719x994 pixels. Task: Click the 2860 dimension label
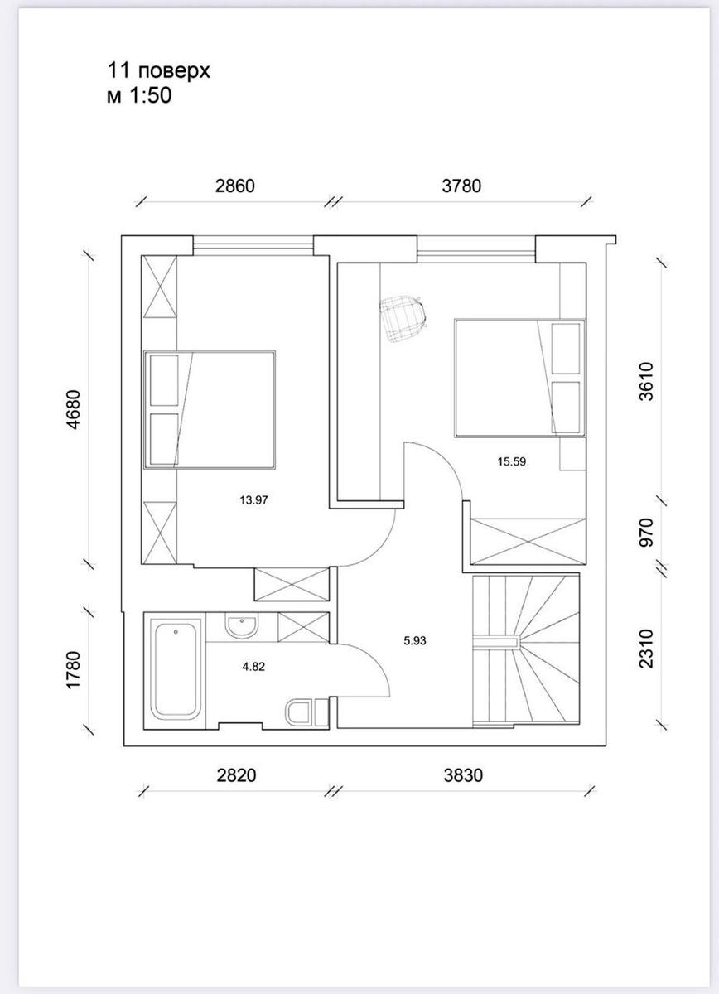[234, 186]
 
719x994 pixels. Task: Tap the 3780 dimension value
[461, 186]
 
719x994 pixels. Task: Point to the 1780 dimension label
[74, 669]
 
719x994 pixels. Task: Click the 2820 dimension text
[237, 775]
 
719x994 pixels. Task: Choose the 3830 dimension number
[463, 775]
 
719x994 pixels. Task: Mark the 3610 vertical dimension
[646, 382]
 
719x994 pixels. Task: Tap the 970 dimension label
[646, 533]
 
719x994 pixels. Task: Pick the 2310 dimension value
[646, 649]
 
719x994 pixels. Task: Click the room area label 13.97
[253, 500]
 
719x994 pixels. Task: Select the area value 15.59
[511, 461]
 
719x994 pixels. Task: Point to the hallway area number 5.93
[414, 641]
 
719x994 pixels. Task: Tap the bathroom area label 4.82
[253, 667]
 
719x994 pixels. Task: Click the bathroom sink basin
[241, 625]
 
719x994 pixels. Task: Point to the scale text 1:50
[151, 95]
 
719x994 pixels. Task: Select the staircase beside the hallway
[526, 650]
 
